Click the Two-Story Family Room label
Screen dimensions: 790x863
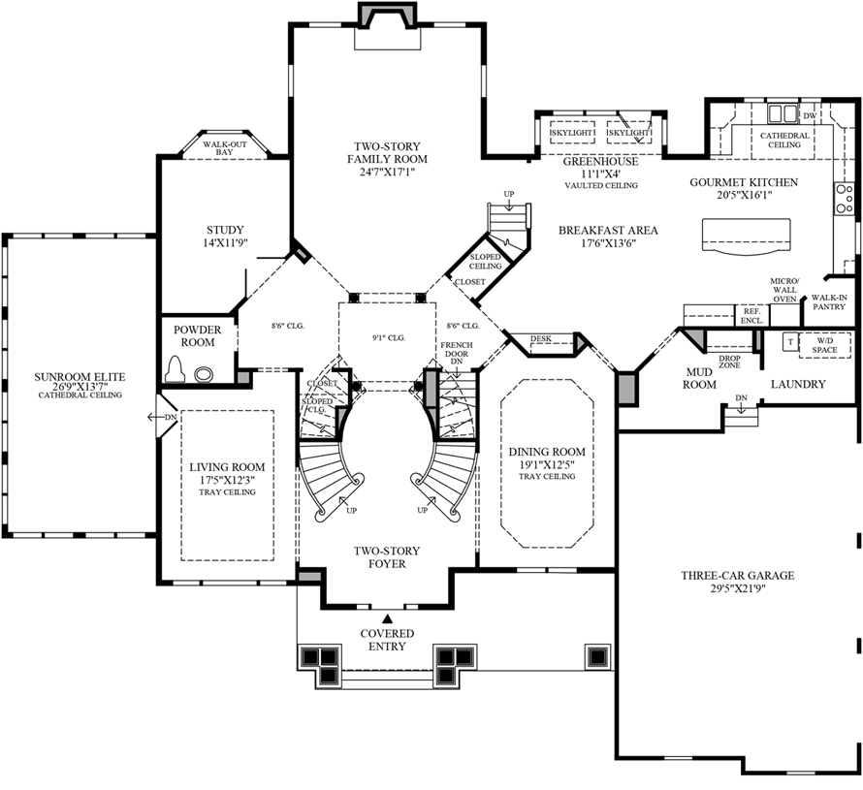[388, 152]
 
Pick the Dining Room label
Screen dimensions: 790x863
[548, 452]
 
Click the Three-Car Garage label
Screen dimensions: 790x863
[737, 576]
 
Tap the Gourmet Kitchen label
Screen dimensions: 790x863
[744, 182]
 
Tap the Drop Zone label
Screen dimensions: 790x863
[730, 363]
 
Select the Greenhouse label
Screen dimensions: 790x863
[602, 162]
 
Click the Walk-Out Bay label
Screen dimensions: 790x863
[224, 147]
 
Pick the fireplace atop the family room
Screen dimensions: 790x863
[386, 16]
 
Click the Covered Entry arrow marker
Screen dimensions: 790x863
[387, 617]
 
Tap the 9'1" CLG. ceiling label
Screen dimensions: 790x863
[388, 337]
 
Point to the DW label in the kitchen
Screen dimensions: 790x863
[809, 115]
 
